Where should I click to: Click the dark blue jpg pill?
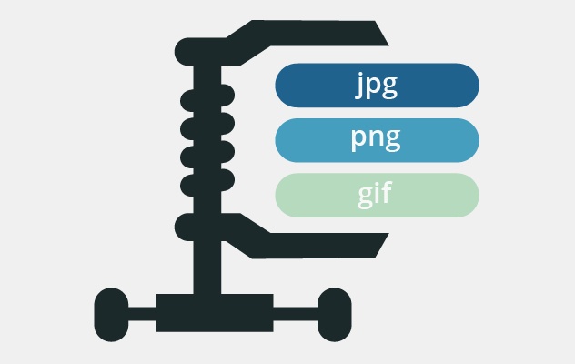click(377, 86)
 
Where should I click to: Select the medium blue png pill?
click(377, 140)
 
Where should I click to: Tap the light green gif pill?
click(377, 195)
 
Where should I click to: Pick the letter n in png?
click(377, 140)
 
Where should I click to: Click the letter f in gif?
click(389, 193)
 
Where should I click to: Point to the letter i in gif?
click(379, 193)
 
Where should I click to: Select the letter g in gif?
click(367, 197)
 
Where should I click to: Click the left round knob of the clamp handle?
click(112, 312)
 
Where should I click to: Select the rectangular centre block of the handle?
click(215, 312)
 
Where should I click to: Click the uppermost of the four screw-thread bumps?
click(195, 98)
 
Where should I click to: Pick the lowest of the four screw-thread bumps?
click(195, 186)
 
